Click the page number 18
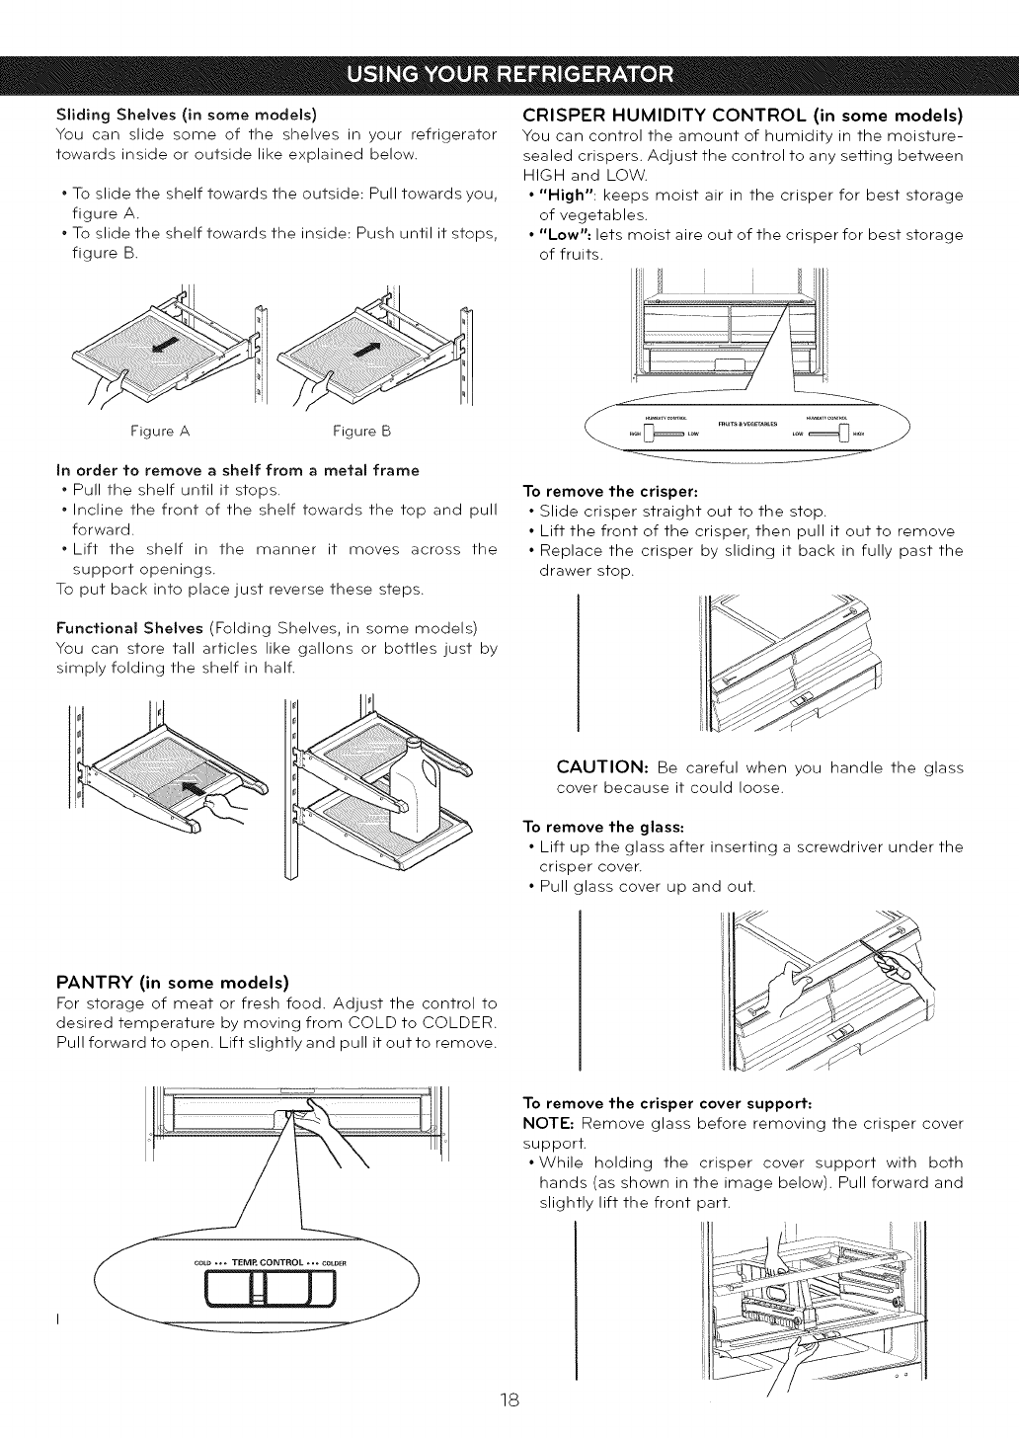pos(509,1400)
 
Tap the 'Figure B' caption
pos(361,432)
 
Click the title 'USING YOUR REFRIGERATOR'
pos(509,74)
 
